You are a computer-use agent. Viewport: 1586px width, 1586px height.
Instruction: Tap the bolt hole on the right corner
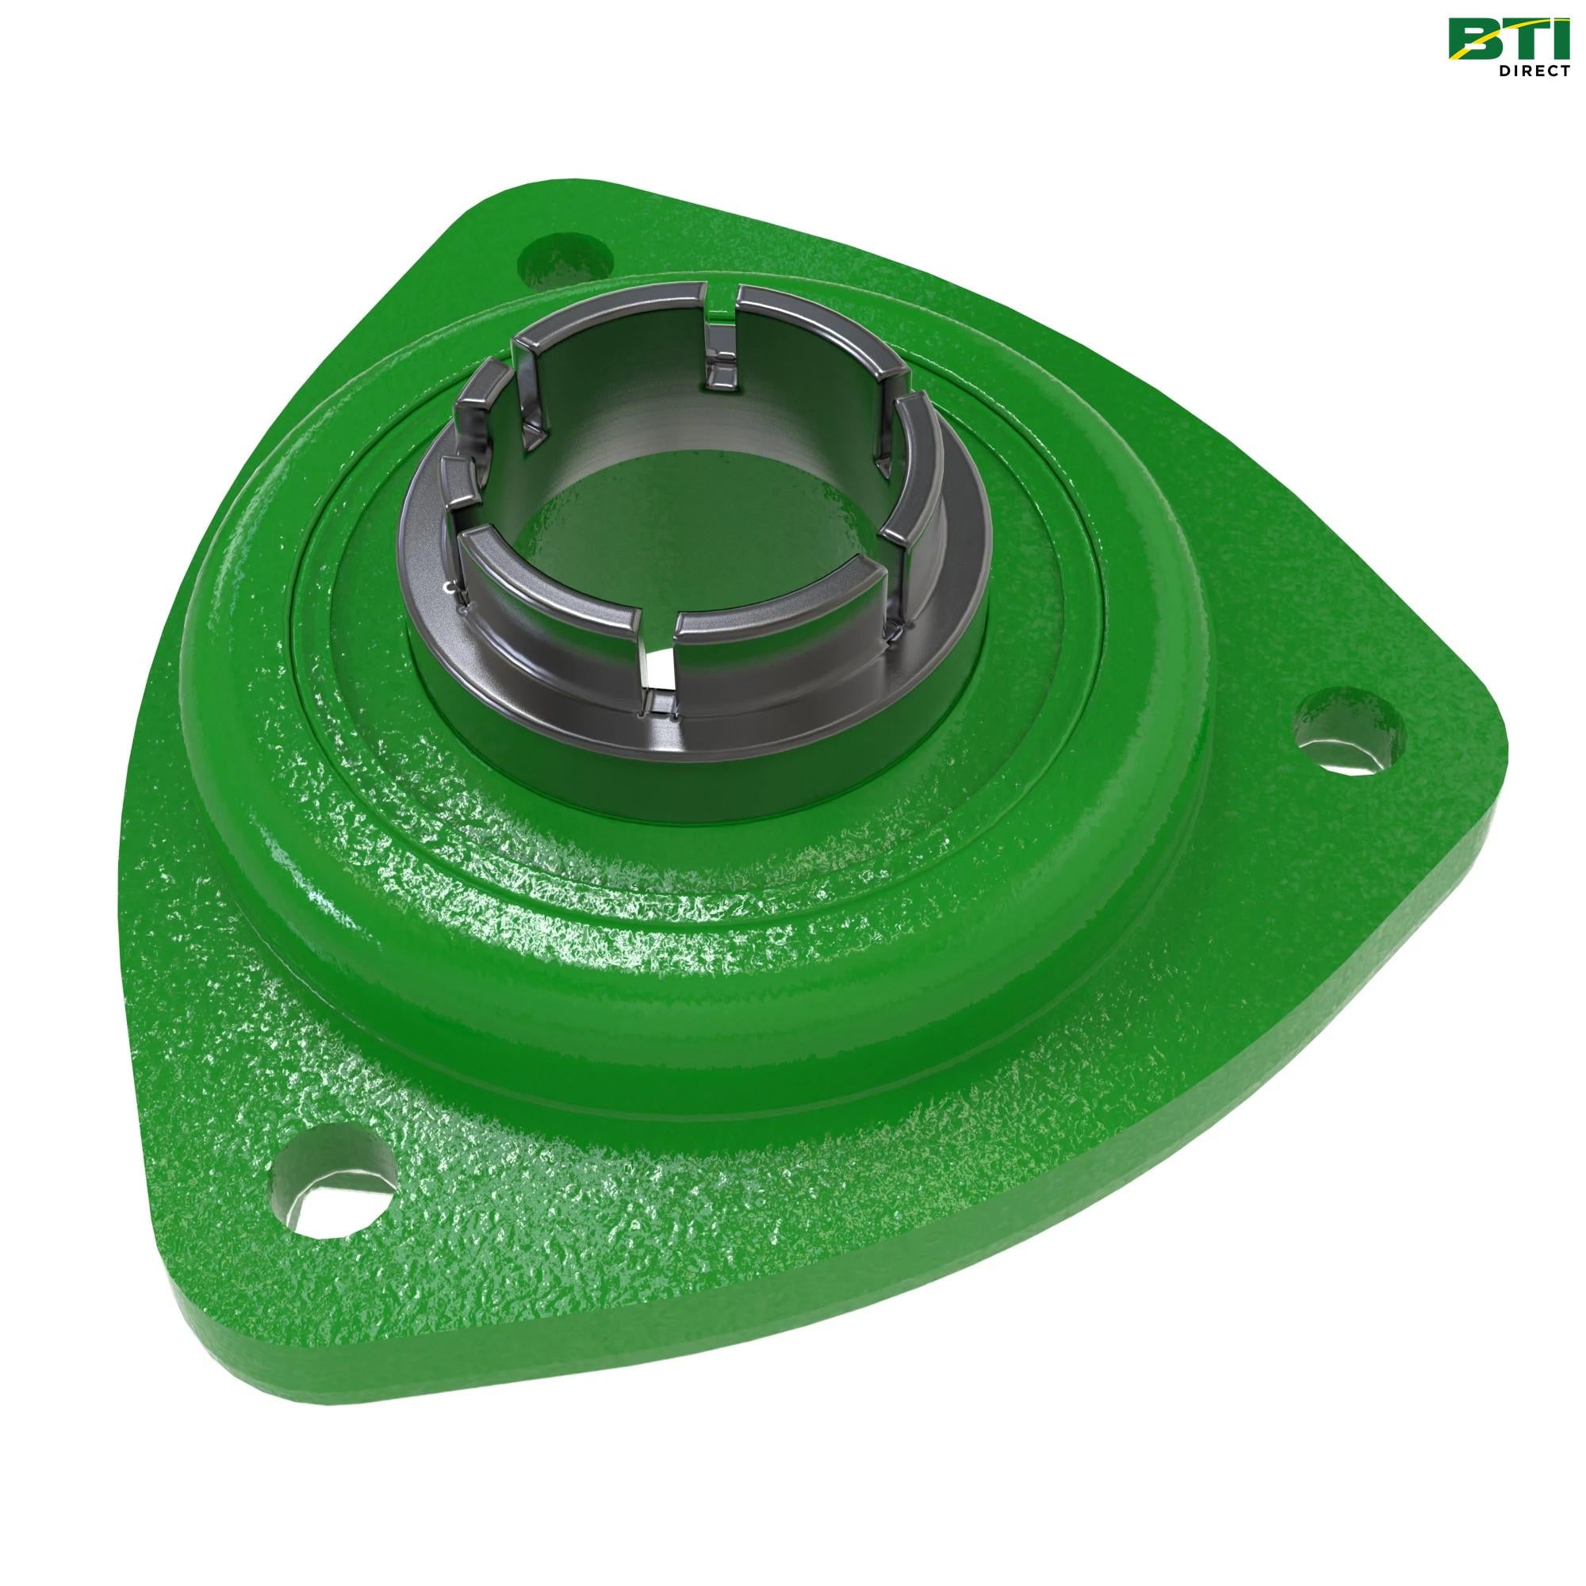coord(1347,731)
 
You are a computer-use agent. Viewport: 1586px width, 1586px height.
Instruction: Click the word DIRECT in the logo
coord(1534,71)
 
